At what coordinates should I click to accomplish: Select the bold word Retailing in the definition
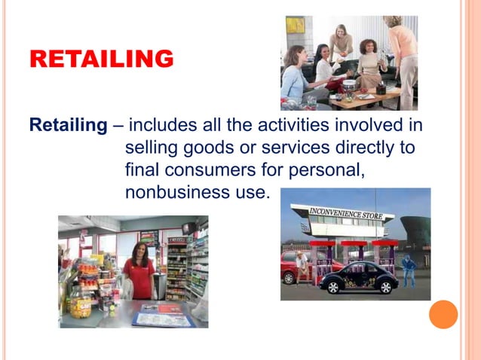68,125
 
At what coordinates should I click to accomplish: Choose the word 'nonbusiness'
173,192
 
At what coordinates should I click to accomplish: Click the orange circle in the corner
443,314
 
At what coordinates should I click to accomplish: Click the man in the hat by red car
302,267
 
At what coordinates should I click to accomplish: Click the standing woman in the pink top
403,56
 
